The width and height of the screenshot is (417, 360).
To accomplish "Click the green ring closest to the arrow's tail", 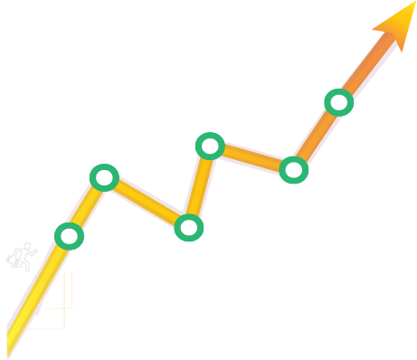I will pyautogui.click(x=69, y=236).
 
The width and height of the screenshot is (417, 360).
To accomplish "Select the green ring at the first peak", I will pyautogui.click(x=104, y=177).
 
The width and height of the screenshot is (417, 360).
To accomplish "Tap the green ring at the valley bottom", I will pyautogui.click(x=188, y=228).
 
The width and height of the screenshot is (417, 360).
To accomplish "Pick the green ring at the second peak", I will pyautogui.click(x=210, y=146).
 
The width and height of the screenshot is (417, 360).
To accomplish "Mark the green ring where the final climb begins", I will pyautogui.click(x=293, y=169).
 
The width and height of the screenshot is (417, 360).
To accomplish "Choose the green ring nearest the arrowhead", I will pyautogui.click(x=338, y=102).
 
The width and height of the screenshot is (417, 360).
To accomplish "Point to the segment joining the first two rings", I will pyautogui.click(x=87, y=206).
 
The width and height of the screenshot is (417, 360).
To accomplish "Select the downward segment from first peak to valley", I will pyautogui.click(x=147, y=203).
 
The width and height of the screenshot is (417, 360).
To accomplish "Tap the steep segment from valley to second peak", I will pyautogui.click(x=199, y=186).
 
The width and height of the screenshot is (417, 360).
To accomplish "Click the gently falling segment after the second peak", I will pyautogui.click(x=251, y=157).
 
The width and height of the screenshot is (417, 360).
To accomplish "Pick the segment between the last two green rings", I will pyautogui.click(x=316, y=136).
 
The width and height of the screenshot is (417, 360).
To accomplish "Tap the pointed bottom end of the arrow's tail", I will pyautogui.click(x=8, y=354).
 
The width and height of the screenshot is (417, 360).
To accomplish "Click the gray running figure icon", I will pyautogui.click(x=21, y=257).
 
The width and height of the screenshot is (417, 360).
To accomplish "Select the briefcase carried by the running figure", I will pyautogui.click(x=13, y=261).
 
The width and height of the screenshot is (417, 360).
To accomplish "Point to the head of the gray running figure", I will pyautogui.click(x=28, y=246).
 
